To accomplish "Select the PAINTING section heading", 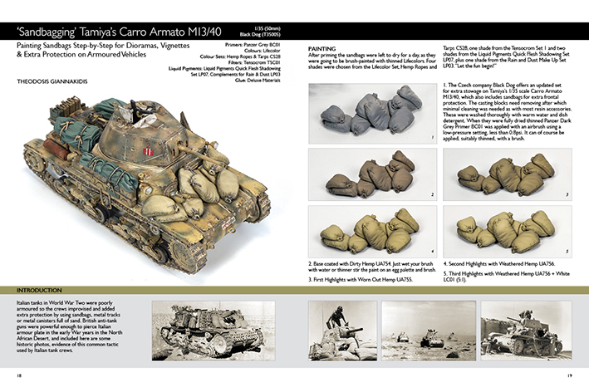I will point(323,49).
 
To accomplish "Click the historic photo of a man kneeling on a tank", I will point(341,329).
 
